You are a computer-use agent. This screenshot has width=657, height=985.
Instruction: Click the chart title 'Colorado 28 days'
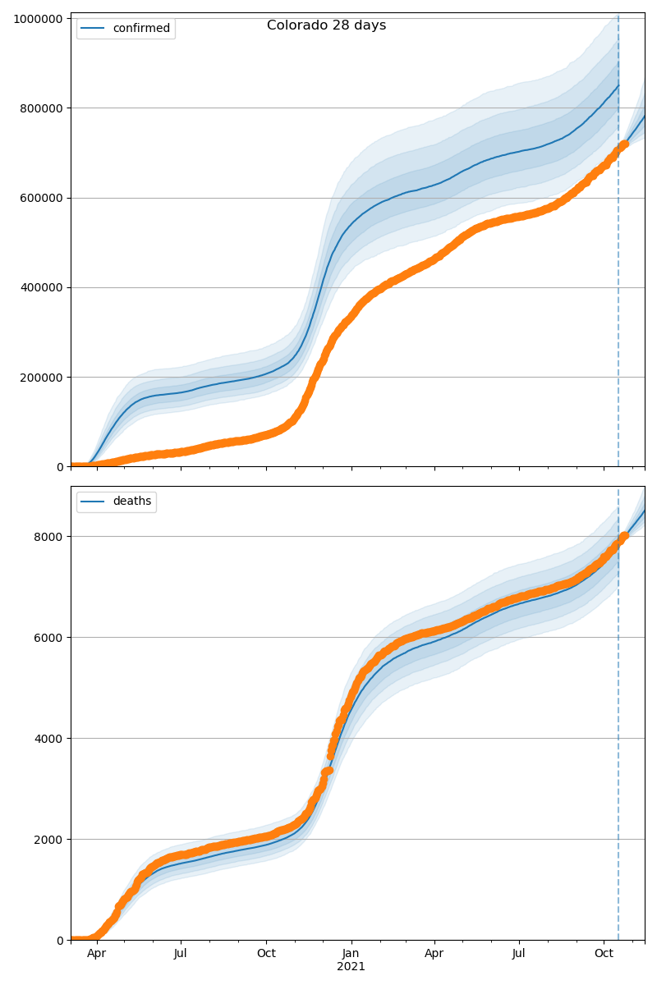coord(326,25)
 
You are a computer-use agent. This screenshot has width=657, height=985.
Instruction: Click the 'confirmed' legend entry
coord(141,29)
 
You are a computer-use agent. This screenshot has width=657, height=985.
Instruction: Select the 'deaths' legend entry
coord(131,502)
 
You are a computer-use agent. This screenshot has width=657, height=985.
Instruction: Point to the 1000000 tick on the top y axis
coord(39,19)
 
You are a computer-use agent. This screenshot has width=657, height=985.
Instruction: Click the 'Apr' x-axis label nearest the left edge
coord(97,954)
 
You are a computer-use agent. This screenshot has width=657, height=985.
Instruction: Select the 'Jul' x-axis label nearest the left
coord(180,954)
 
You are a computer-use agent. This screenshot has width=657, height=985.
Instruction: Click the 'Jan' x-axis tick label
coord(351,954)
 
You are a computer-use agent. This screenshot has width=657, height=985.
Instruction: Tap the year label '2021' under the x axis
coord(351,967)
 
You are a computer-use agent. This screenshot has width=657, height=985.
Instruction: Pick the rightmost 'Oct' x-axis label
coord(604,954)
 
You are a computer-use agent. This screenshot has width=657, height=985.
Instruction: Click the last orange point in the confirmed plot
coord(624,144)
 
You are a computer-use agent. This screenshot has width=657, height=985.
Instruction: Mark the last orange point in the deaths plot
coord(624,536)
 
